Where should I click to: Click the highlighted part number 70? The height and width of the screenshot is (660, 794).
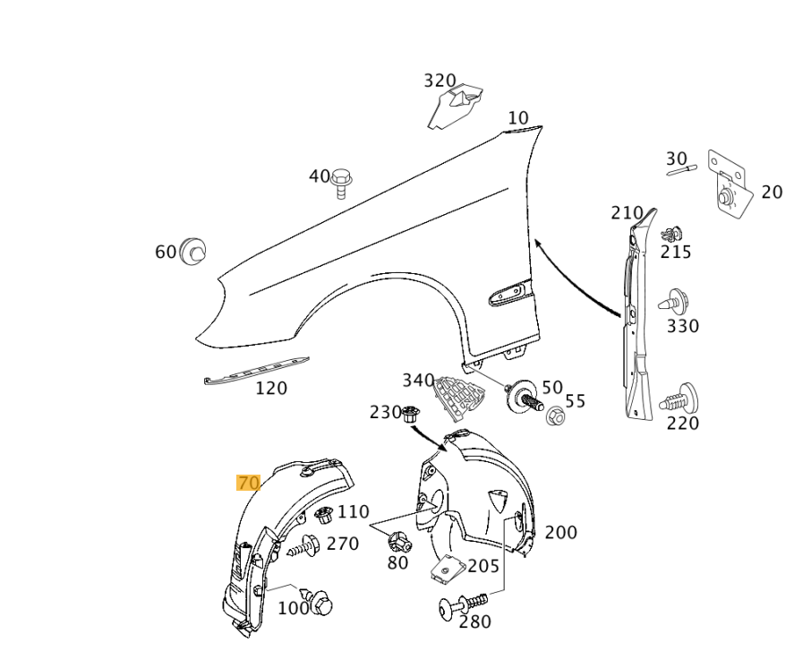[x=248, y=483]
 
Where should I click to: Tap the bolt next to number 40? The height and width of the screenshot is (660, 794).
[x=341, y=182]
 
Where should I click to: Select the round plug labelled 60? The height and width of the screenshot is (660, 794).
[x=192, y=252]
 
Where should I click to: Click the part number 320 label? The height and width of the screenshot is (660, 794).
[x=440, y=81]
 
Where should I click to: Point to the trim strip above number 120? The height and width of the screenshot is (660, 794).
[x=257, y=371]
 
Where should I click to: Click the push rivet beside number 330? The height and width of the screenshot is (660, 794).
[x=672, y=302]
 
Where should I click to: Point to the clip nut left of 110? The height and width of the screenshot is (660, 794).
[x=324, y=516]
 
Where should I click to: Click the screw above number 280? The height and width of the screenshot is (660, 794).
[x=460, y=604]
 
